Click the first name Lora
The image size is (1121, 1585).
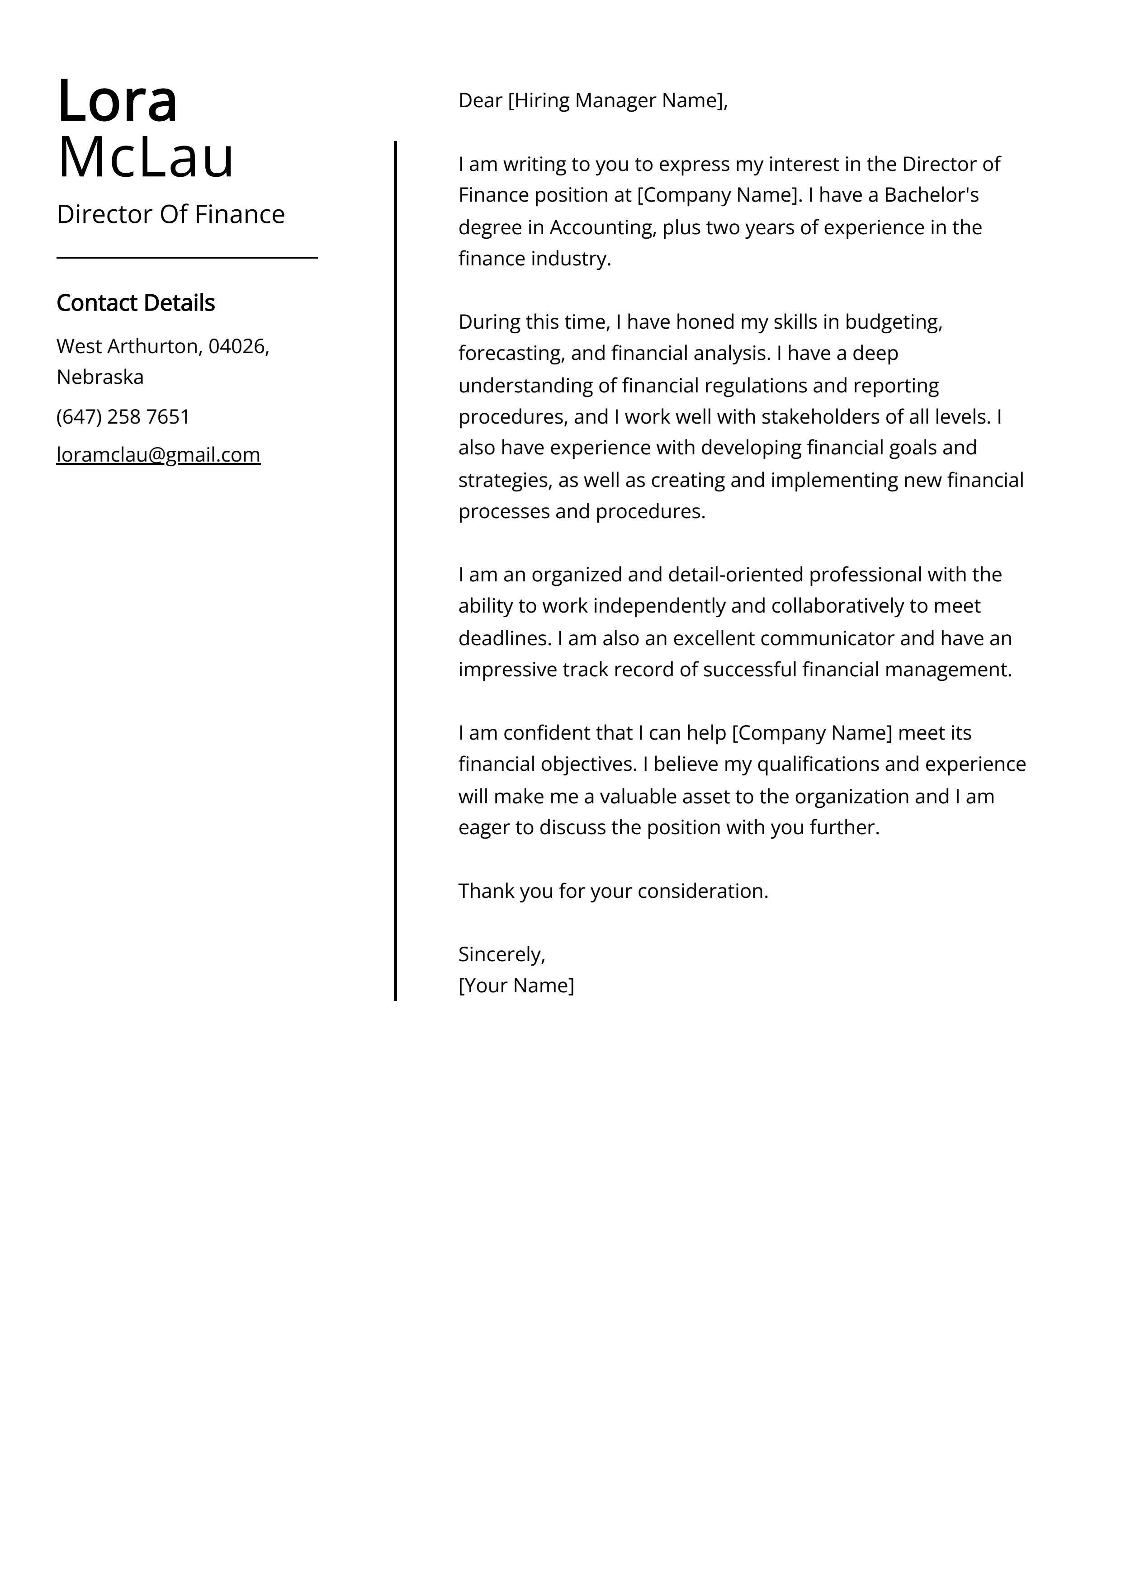click(118, 101)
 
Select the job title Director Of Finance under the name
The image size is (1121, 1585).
click(170, 215)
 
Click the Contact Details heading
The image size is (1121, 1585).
click(135, 303)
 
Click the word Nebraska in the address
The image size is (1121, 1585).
click(100, 377)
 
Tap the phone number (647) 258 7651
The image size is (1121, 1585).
click(123, 417)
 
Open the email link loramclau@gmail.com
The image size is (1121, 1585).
click(158, 455)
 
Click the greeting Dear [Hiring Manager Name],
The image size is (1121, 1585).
click(593, 101)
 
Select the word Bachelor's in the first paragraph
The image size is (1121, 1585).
click(931, 195)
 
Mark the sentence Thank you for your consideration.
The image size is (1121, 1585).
click(613, 891)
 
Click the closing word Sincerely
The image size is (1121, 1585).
click(501, 955)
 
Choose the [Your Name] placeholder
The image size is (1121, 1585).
click(516, 986)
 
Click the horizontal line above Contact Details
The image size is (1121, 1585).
click(186, 258)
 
